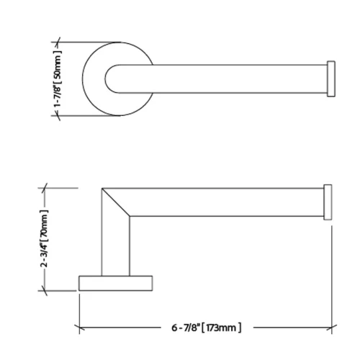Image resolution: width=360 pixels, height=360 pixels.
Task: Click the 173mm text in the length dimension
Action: point(221,328)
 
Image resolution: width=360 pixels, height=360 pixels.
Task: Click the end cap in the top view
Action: point(331,78)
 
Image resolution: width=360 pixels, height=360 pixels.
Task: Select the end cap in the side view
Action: point(329,201)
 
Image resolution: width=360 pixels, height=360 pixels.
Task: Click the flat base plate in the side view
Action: point(116,282)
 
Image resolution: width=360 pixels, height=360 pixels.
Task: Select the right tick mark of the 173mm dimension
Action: point(331,328)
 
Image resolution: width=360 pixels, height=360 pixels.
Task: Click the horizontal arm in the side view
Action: point(230,202)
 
